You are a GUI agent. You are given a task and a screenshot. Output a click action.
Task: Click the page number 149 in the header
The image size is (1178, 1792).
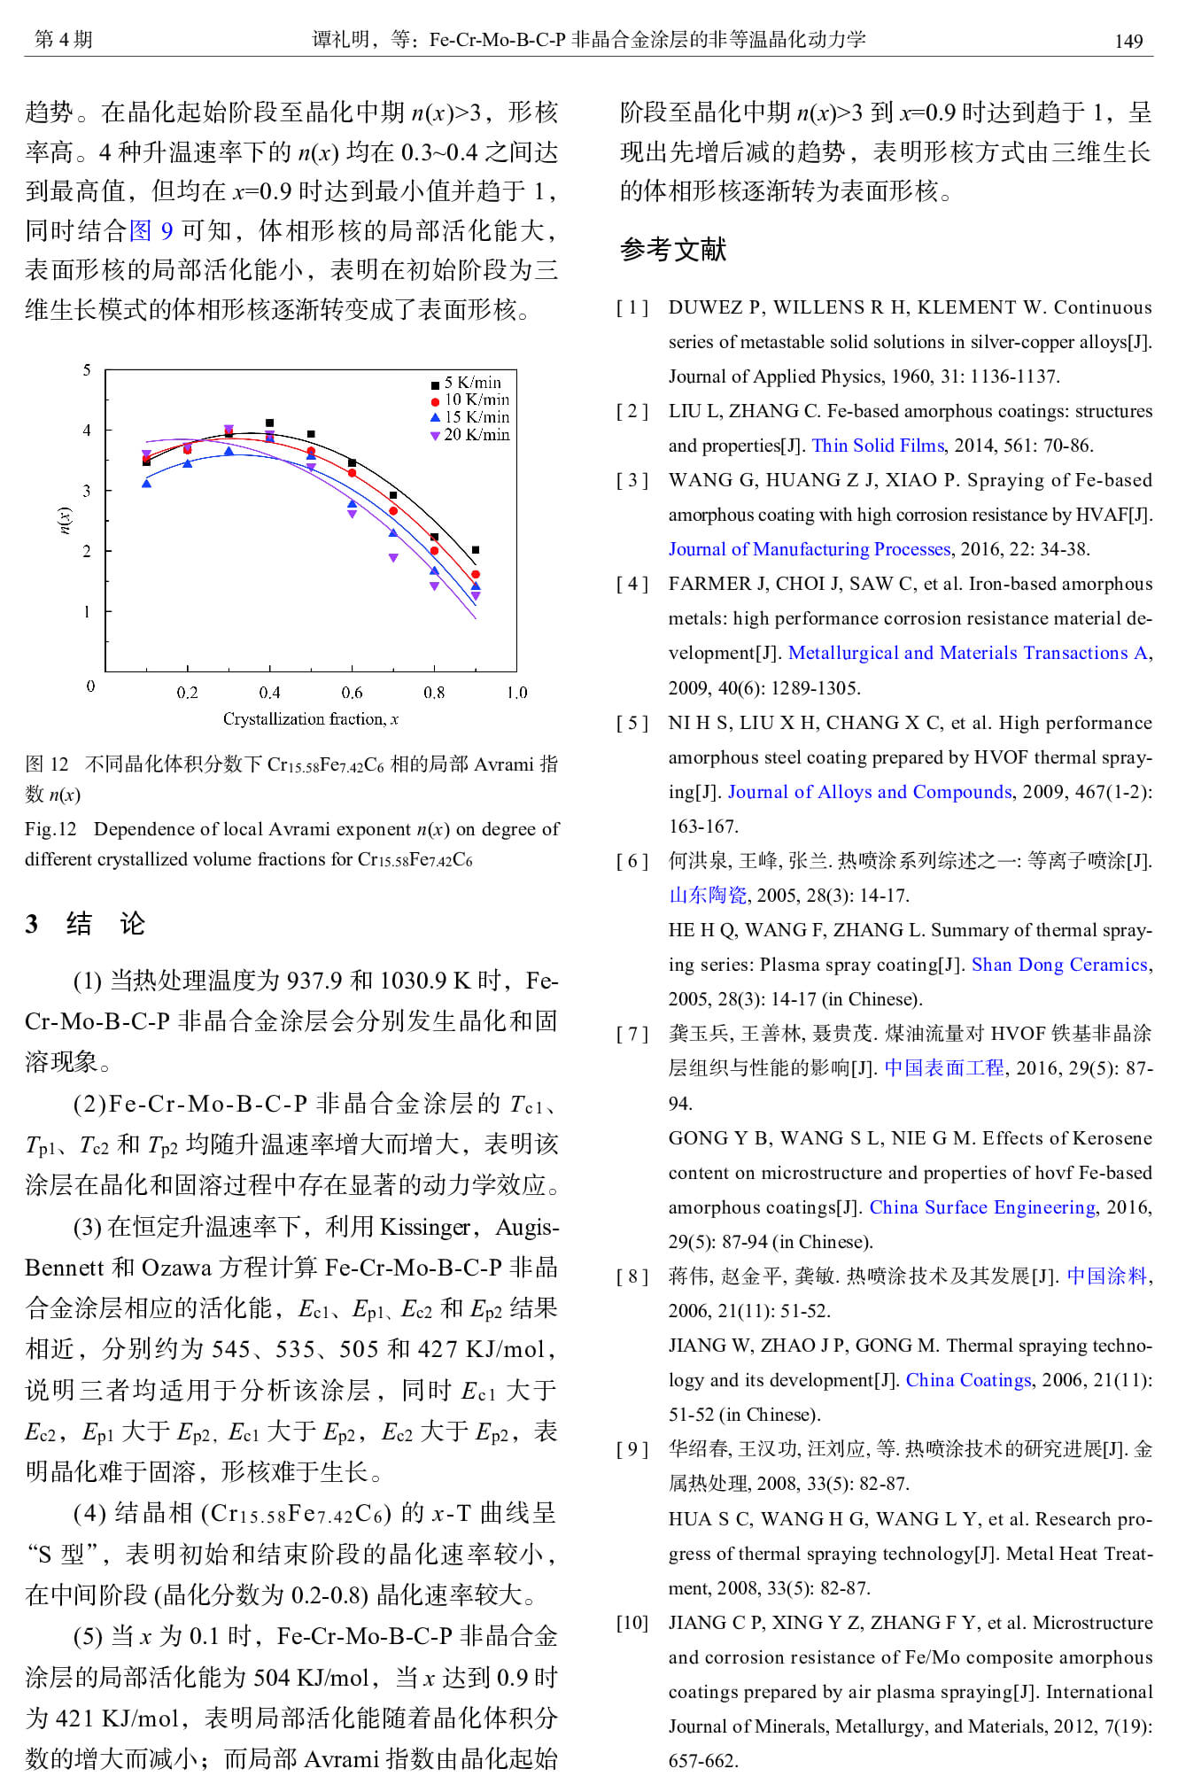[1128, 41]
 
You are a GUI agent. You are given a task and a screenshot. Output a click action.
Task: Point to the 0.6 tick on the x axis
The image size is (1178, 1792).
[352, 693]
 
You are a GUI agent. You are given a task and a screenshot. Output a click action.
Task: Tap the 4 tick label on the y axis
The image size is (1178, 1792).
[87, 431]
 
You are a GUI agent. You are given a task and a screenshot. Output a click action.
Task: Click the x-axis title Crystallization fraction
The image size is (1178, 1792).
[310, 719]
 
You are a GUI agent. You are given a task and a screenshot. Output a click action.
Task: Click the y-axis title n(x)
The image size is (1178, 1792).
[65, 520]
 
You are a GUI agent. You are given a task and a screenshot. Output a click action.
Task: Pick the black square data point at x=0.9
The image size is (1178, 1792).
[476, 550]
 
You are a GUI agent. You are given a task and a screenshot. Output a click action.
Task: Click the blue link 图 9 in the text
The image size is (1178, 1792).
[151, 231]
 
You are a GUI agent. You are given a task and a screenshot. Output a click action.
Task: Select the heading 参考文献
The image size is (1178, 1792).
[673, 250]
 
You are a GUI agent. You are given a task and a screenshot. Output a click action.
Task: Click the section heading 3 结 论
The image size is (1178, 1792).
[85, 924]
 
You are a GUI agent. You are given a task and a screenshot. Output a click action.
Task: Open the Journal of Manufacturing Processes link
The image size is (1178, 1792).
[809, 549]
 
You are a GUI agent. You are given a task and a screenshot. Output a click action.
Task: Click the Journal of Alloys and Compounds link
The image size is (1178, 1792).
[870, 792]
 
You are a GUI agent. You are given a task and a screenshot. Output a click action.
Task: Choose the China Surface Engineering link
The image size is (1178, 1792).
[982, 1207]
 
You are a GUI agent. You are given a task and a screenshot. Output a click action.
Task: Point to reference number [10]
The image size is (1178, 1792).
[632, 1623]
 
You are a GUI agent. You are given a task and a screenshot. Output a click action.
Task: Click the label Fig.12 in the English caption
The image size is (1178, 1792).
[50, 829]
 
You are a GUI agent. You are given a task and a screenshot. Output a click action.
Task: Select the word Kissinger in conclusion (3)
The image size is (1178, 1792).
[425, 1227]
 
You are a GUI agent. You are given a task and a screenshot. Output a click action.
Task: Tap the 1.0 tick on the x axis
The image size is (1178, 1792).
[516, 693]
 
